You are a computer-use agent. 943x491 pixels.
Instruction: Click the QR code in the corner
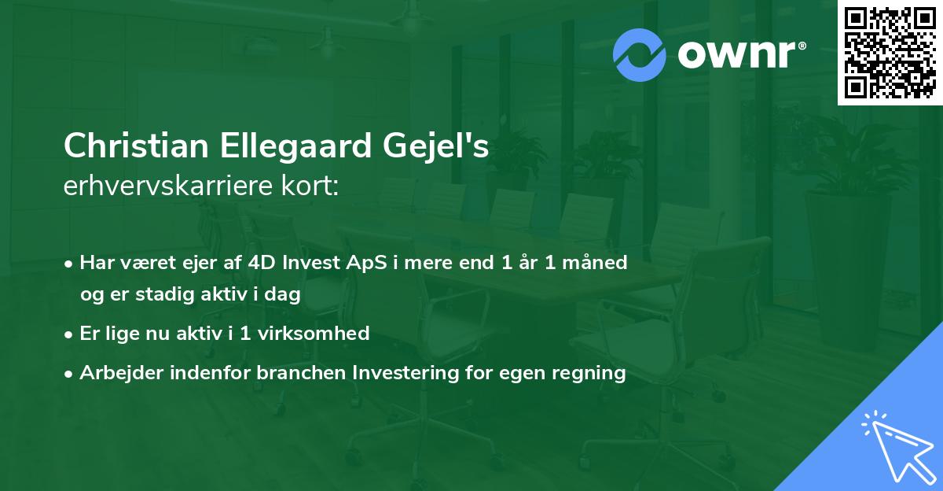(890, 53)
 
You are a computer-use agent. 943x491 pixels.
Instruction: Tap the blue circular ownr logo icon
(639, 55)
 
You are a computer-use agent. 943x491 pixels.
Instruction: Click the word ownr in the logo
(736, 55)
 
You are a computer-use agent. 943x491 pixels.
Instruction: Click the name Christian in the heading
(136, 146)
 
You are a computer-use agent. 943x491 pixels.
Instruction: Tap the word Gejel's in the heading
(435, 146)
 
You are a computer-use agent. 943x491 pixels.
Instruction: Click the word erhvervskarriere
(168, 186)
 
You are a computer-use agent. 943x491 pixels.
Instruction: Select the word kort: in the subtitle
(310, 186)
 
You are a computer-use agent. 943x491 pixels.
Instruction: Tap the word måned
(594, 263)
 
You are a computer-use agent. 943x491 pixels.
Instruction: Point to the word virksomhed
(314, 334)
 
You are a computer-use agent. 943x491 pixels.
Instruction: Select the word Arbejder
(121, 373)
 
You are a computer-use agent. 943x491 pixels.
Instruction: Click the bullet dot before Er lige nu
(68, 335)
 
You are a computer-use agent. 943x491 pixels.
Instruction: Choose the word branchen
(301, 373)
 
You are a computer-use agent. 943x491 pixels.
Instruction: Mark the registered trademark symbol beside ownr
(802, 46)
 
